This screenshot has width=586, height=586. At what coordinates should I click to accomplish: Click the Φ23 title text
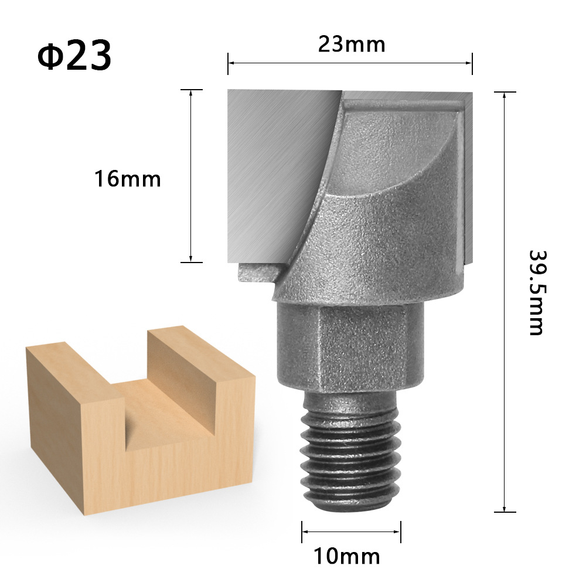point(74,56)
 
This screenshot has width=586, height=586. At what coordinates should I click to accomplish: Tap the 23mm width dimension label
point(352,45)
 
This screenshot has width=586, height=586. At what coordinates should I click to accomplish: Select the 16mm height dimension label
point(128,179)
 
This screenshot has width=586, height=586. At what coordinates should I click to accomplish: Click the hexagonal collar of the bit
point(350,346)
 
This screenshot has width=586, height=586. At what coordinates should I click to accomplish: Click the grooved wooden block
point(141,428)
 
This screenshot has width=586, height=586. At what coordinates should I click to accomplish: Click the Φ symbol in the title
point(50,56)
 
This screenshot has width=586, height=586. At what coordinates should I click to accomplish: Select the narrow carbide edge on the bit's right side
point(466,176)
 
